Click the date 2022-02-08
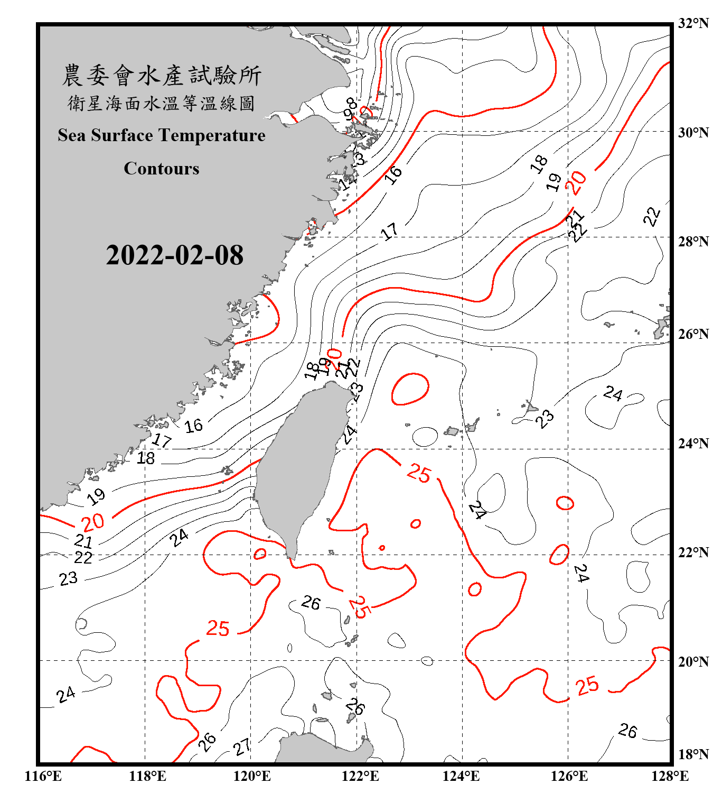pyautogui.click(x=174, y=255)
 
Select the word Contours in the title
pyautogui.click(x=162, y=169)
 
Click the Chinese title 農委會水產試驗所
pyautogui.click(x=162, y=76)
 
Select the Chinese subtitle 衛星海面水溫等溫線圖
pyautogui.click(x=162, y=103)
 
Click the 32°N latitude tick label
pyautogui.click(x=693, y=23)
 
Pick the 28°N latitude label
pyautogui.click(x=693, y=242)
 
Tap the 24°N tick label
pyautogui.click(x=693, y=444)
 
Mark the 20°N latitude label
pyautogui.click(x=693, y=661)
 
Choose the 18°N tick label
pyautogui.click(x=693, y=754)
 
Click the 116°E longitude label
pyautogui.click(x=43, y=776)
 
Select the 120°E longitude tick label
pyautogui.click(x=252, y=776)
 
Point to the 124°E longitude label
pyautogui.click(x=461, y=776)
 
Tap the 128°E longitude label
pyautogui.click(x=670, y=776)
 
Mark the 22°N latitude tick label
pyautogui.click(x=693, y=552)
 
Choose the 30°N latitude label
pyautogui.click(x=693, y=133)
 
